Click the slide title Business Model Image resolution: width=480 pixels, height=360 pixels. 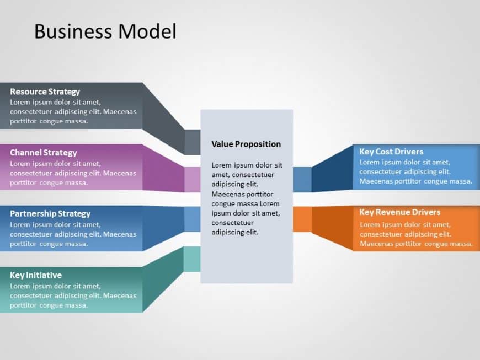105,31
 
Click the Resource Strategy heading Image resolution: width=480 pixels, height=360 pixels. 45,92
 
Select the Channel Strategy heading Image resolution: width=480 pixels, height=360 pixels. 44,153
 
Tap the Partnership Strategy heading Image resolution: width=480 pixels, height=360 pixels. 50,214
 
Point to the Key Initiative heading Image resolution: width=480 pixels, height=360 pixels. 36,275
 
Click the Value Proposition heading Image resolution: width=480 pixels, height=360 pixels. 246,144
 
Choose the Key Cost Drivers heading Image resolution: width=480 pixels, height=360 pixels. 391,152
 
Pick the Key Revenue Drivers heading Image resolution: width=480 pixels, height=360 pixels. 399,212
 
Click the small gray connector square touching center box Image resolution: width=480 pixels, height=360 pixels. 193,142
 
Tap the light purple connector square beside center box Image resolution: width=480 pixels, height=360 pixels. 193,180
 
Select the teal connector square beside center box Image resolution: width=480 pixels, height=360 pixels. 192,259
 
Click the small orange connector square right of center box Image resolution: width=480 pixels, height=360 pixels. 302,219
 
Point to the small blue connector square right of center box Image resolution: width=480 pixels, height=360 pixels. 302,179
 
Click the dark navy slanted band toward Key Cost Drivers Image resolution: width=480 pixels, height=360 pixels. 333,170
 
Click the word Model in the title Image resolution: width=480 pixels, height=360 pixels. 147,31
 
